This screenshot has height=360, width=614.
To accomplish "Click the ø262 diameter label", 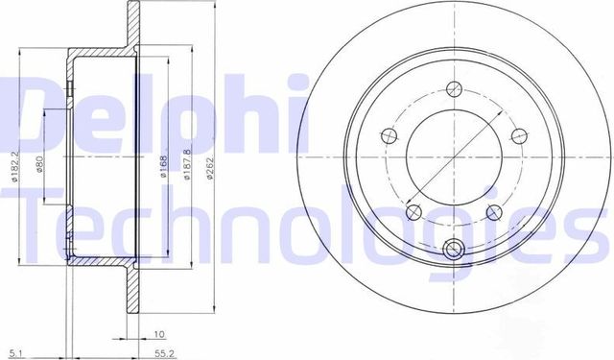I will [x=208, y=169].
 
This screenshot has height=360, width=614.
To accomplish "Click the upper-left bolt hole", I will [x=388, y=135].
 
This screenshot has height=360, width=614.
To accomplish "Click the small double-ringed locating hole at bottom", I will [x=455, y=252].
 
